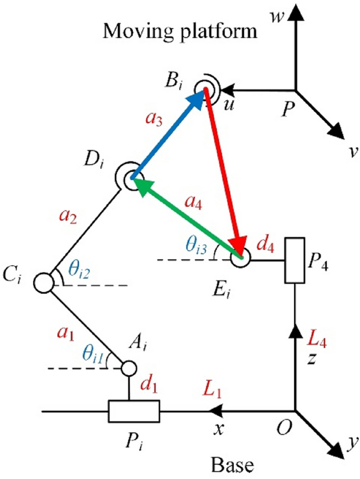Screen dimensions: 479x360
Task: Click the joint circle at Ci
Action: (44, 282)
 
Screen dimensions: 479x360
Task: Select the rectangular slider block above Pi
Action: (134, 412)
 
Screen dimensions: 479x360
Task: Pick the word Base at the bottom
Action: (232, 466)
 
